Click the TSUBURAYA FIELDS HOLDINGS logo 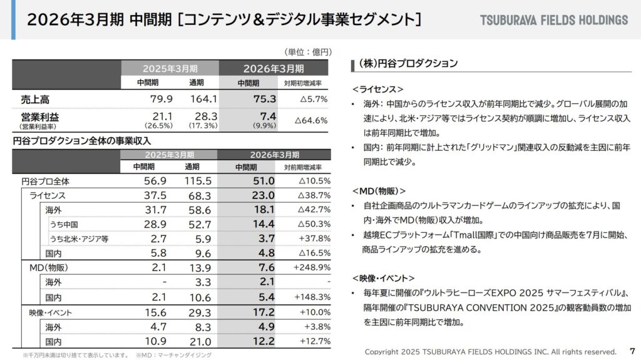click(553, 20)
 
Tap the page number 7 click(631, 351)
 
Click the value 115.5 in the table click(200, 181)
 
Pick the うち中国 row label click(64, 224)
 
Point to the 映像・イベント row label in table click(51, 312)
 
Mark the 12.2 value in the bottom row click(263, 341)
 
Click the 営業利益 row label click(39, 116)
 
